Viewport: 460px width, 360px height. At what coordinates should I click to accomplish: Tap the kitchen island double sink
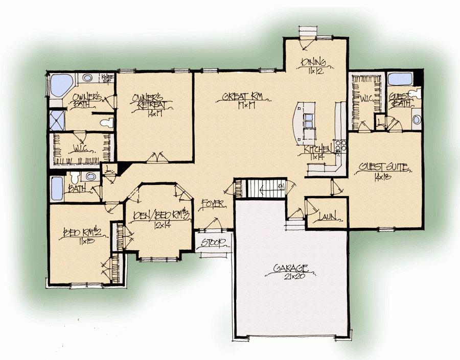(x=309, y=122)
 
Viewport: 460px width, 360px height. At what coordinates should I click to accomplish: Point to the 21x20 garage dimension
(x=290, y=276)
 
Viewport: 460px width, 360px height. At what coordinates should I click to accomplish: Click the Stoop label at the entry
(x=214, y=242)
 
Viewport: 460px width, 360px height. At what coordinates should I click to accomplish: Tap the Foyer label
(x=213, y=204)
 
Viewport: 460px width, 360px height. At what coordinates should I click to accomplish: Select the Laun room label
(x=327, y=217)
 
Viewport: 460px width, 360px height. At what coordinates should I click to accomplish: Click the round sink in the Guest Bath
(x=416, y=119)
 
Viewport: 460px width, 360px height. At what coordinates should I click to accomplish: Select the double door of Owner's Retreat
(x=155, y=157)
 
